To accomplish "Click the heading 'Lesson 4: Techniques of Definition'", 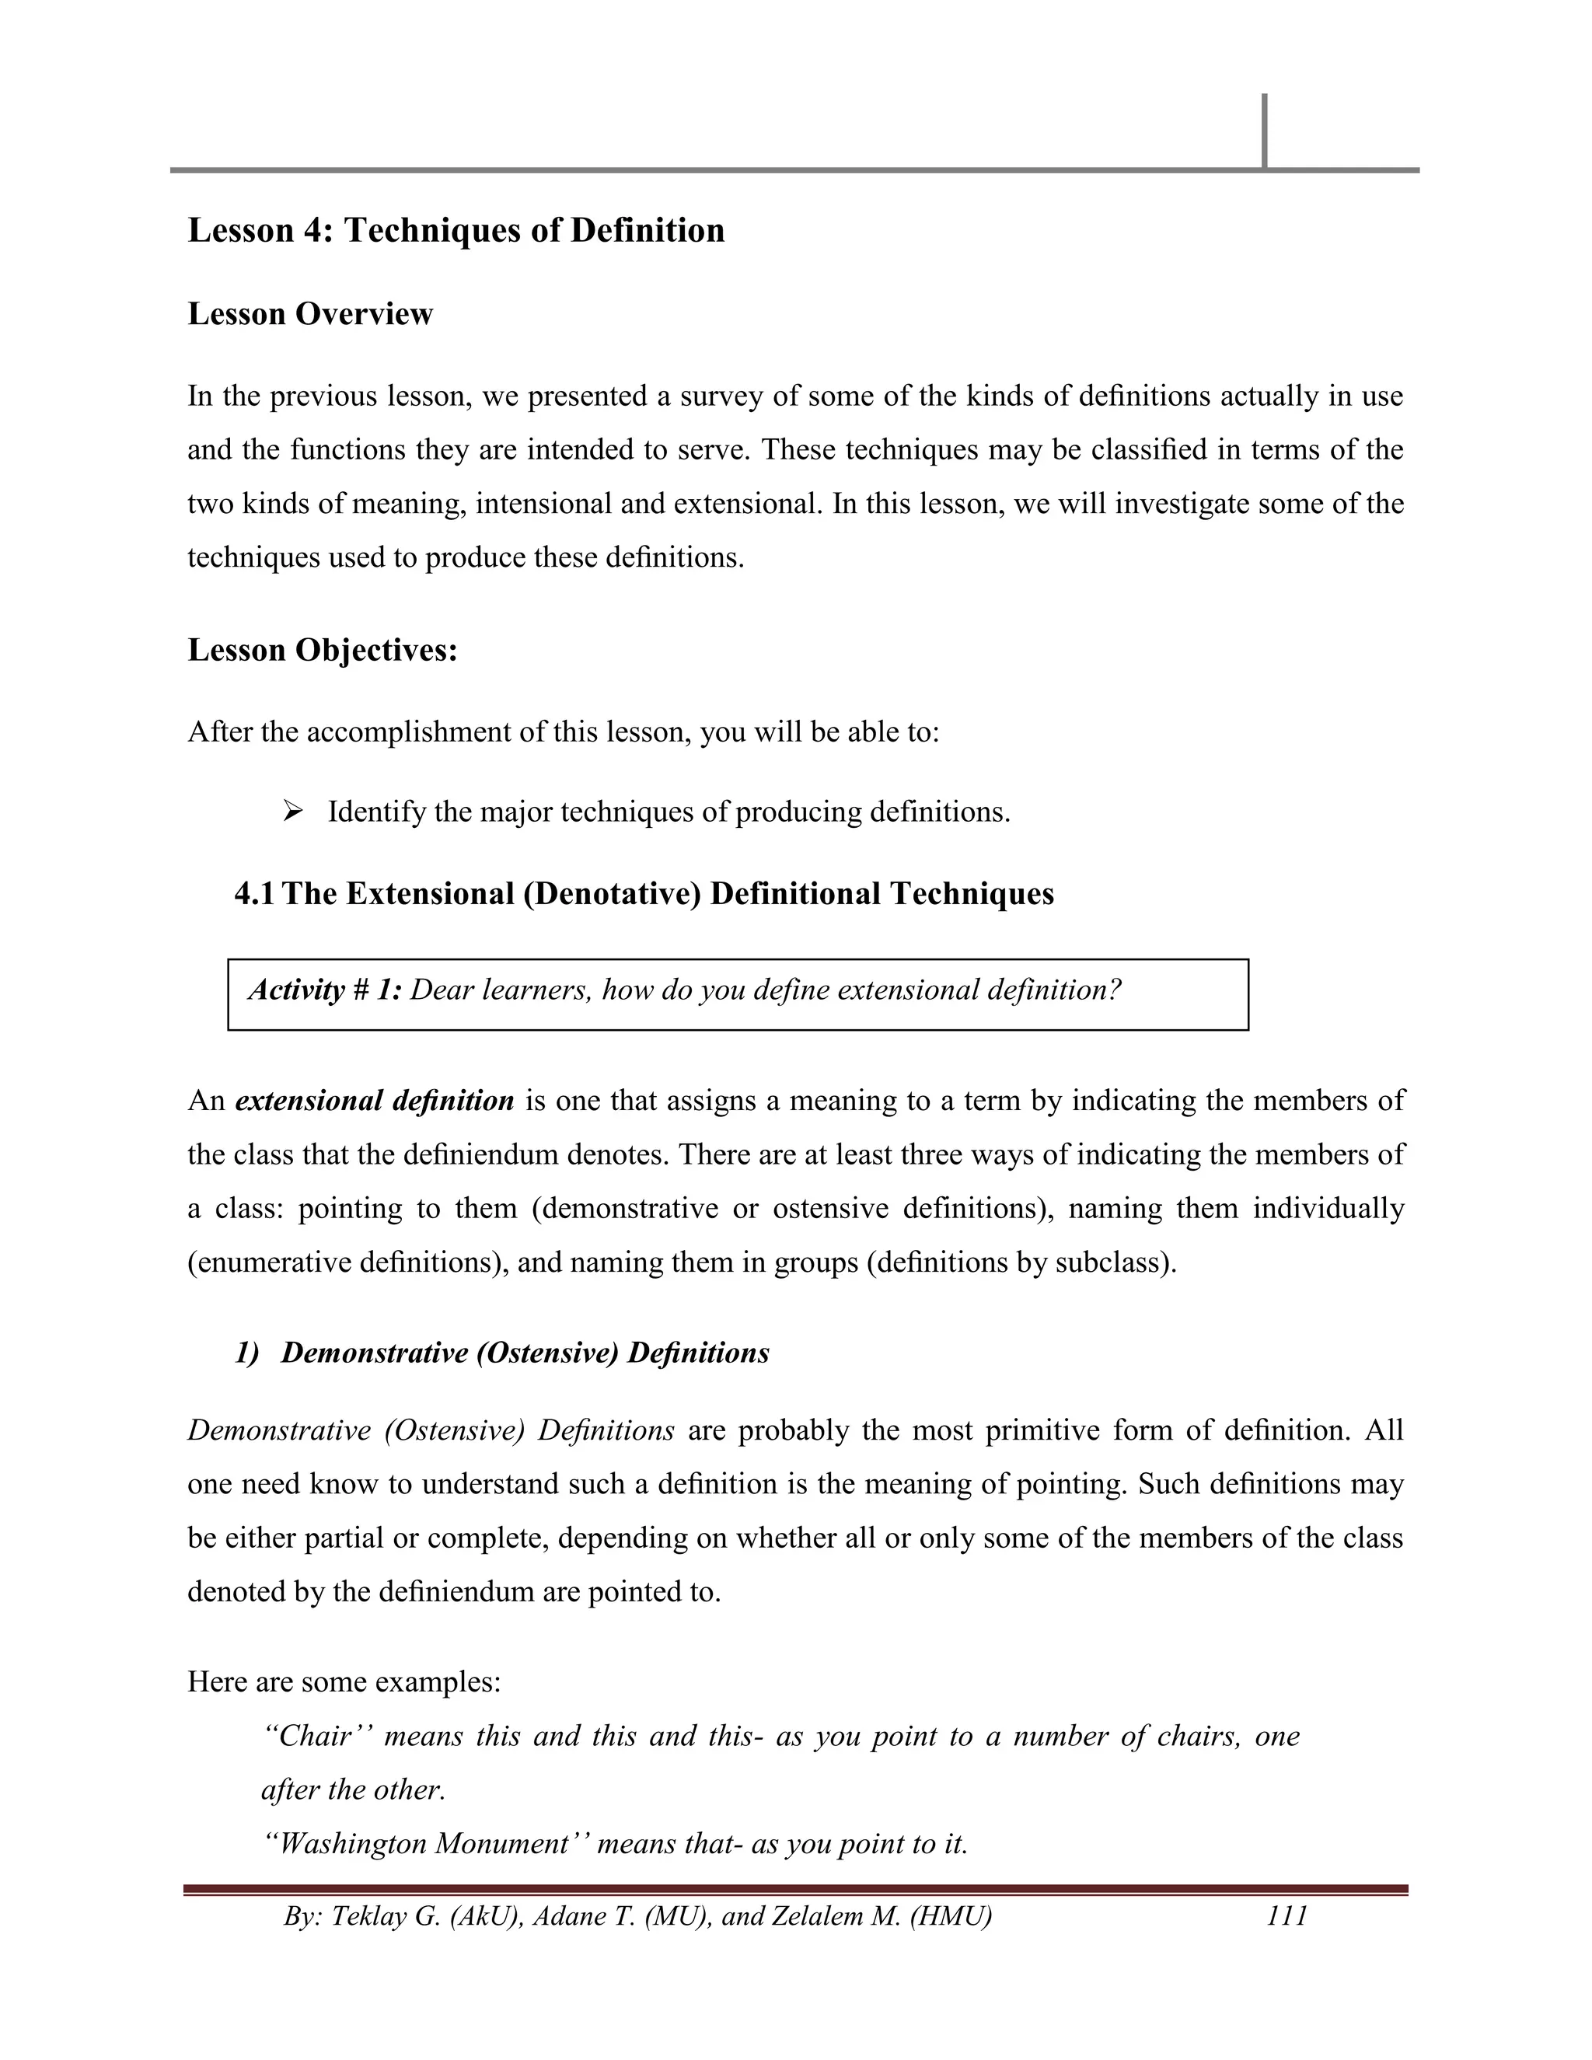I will (x=456, y=231).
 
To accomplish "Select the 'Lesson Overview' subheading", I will (x=310, y=314).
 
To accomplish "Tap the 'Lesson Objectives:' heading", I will (x=323, y=651).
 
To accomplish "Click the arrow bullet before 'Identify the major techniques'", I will (x=292, y=810).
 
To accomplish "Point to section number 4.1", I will (x=253, y=894).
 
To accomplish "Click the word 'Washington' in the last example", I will (x=354, y=1844).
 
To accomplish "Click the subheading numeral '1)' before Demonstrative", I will (x=246, y=1353).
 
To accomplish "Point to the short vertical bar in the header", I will (x=1264, y=130).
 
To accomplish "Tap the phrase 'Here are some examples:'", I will (x=344, y=1681).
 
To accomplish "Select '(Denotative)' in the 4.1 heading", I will (x=610, y=894).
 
